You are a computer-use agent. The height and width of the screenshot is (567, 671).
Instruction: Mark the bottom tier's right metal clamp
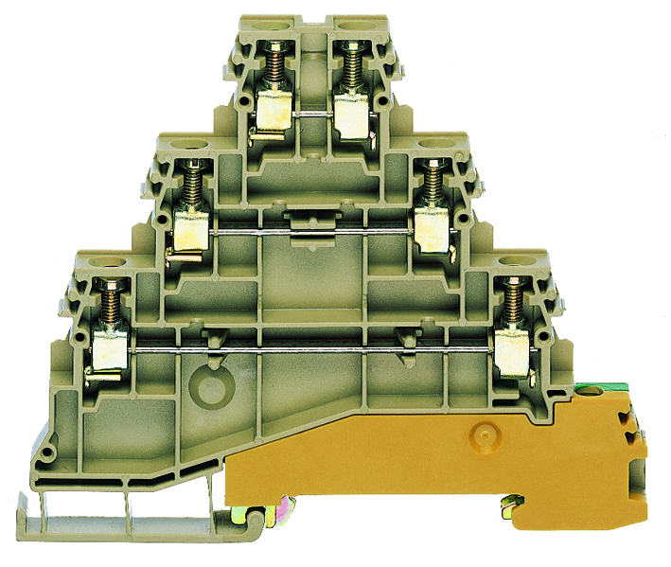tap(511, 349)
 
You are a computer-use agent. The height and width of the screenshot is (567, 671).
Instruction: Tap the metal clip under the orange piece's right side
tap(512, 509)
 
